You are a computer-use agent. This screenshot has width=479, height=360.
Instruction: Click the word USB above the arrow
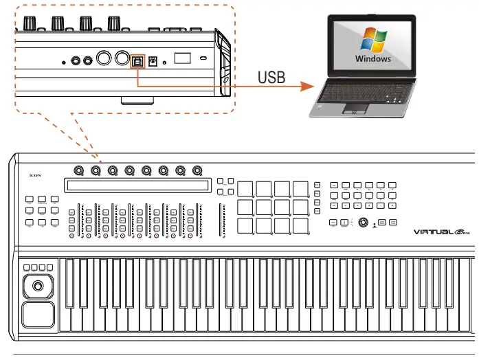tap(271, 77)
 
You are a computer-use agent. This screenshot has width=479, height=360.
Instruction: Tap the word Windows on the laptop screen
tap(373, 58)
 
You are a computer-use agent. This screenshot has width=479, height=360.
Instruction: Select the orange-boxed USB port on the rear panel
tap(138, 60)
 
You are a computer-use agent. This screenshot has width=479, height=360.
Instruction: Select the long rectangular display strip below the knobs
tap(137, 185)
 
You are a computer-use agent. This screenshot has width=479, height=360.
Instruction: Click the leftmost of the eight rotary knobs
tap(79, 170)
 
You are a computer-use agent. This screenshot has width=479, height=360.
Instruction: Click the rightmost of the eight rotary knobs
tap(197, 170)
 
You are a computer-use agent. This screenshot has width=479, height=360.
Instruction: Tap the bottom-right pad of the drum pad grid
tap(300, 225)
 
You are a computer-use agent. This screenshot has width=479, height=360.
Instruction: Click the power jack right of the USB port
tap(154, 60)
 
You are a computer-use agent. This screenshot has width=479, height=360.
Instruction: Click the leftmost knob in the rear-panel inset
tap(30, 23)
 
